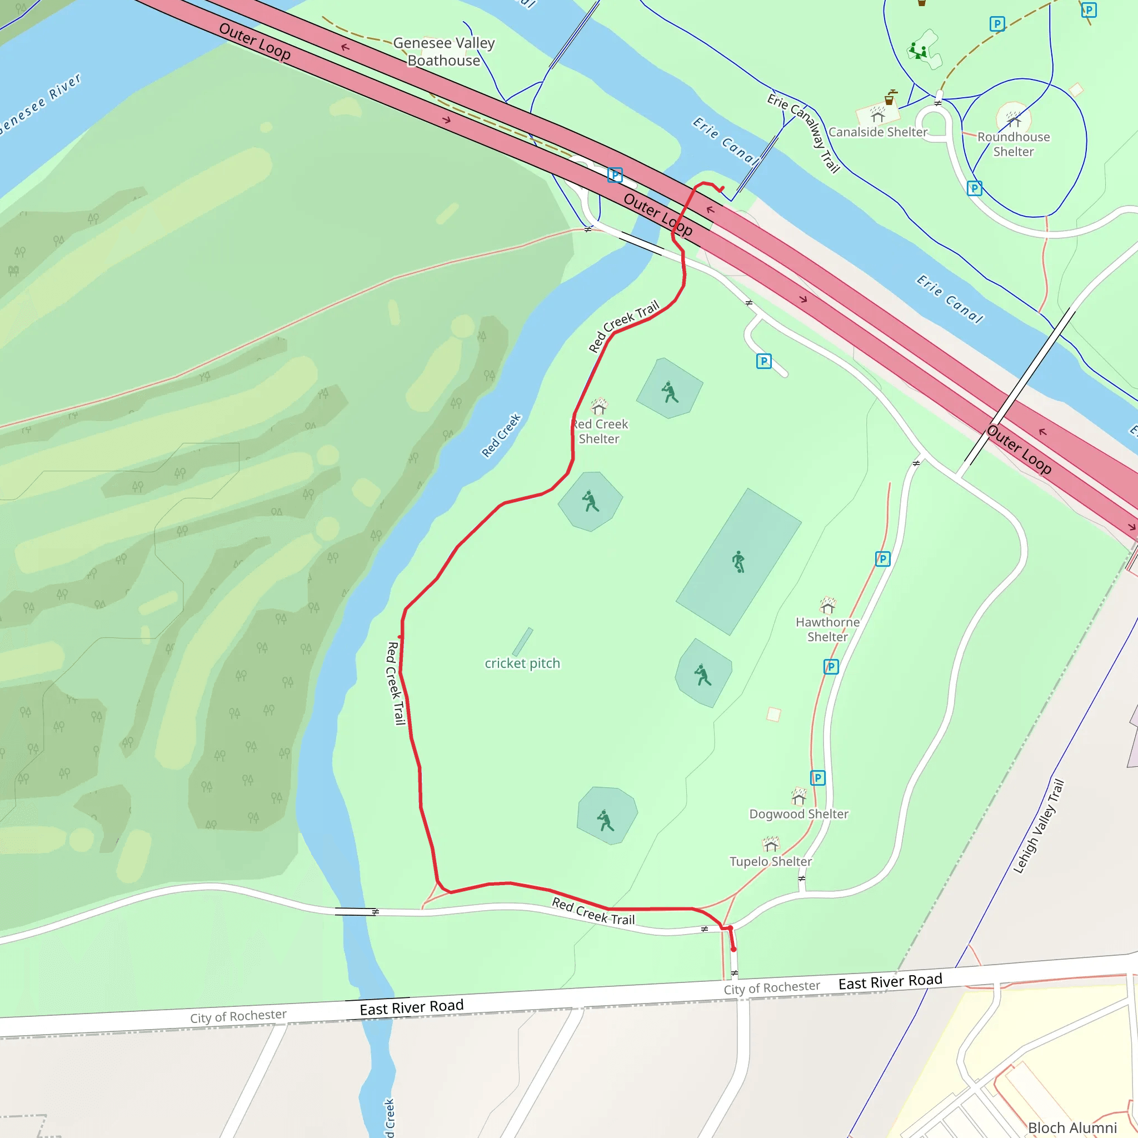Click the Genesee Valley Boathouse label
click(443, 52)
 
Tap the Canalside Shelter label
click(877, 132)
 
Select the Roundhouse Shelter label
click(1013, 144)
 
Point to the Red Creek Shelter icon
click(599, 406)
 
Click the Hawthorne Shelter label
click(827, 629)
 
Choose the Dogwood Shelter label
click(798, 814)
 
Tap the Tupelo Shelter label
click(771, 862)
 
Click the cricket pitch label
click(522, 663)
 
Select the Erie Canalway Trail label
click(803, 133)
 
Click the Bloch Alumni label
click(1072, 1127)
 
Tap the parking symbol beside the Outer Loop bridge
click(615, 175)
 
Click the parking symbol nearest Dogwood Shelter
click(817, 778)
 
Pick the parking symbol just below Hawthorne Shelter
click(831, 667)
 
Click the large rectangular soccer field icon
click(738, 561)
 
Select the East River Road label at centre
click(412, 1007)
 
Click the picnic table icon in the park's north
click(919, 51)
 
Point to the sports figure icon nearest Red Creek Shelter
click(590, 501)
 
